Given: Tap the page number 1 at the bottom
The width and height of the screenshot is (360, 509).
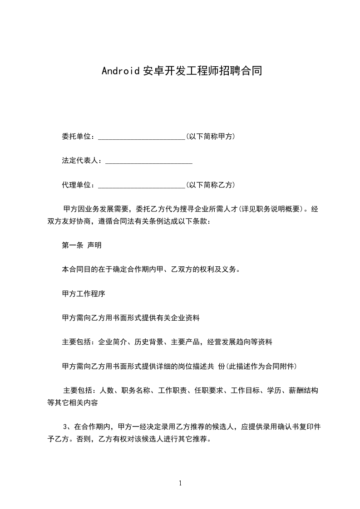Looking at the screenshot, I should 180,483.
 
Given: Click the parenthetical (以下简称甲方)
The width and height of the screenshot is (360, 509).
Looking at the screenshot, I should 210,137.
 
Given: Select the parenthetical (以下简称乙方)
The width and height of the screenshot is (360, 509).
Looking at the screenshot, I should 210,186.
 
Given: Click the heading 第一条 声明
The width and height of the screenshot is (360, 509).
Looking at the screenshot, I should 82,245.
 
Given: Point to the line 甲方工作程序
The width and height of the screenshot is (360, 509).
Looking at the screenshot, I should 84,294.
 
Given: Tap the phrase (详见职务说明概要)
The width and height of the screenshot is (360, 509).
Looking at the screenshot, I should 271,210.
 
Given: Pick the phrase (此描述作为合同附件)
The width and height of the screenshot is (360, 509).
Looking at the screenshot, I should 261,366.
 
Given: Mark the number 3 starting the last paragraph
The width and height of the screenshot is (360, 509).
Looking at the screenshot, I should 66,427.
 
